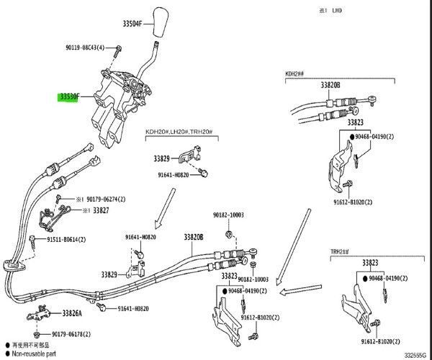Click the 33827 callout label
click(101, 210)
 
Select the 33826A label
click(72, 313)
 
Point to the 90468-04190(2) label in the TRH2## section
click(396, 278)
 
